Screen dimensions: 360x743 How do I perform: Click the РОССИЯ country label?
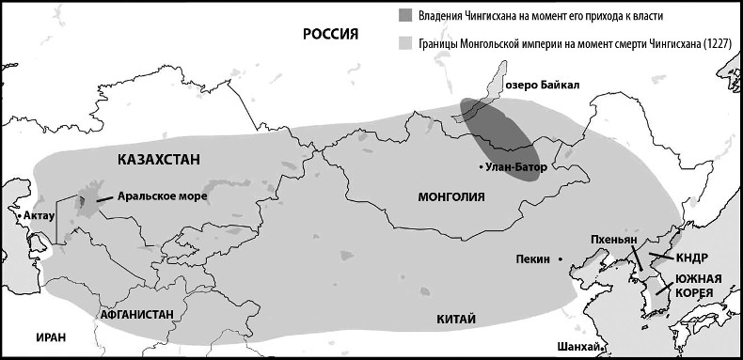[x=332, y=35]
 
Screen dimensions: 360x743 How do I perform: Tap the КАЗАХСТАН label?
[x=159, y=160]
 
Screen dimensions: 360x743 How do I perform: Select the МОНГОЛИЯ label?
[x=451, y=197]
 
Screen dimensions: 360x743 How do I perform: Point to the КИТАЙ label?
[x=457, y=319]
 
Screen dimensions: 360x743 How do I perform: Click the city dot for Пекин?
[x=561, y=258]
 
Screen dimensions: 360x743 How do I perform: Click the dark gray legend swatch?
[x=405, y=15]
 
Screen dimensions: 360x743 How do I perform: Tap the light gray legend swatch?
[x=405, y=43]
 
